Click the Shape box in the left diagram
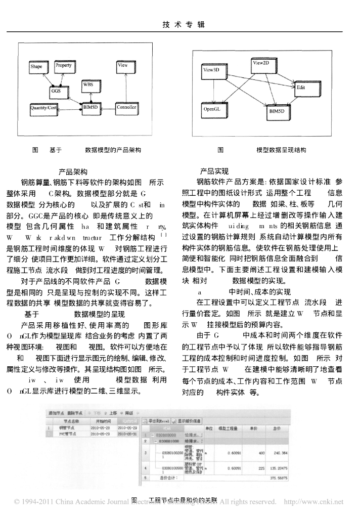click(x=37, y=66)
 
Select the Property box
click(x=64, y=66)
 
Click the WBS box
click(x=88, y=85)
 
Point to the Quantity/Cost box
click(x=43, y=107)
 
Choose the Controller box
click(x=126, y=107)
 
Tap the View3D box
click(x=211, y=70)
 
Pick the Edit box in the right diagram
click(x=301, y=88)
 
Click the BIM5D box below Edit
click(x=279, y=110)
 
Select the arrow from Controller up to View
click(x=124, y=86)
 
